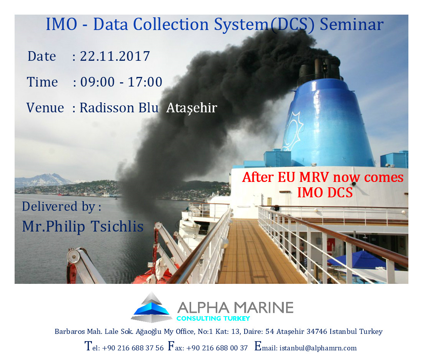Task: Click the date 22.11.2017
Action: (x=115, y=57)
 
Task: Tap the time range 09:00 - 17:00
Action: (x=122, y=82)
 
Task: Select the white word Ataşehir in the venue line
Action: (x=192, y=108)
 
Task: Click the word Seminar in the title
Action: (x=351, y=24)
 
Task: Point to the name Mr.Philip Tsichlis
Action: (x=83, y=227)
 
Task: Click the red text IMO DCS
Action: (x=325, y=192)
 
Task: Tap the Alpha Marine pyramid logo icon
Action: (x=152, y=307)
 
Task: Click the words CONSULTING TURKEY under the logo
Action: (x=213, y=318)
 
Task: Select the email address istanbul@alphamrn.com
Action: (x=318, y=348)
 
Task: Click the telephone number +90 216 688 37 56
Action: (x=133, y=348)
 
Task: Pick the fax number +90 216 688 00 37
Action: (x=217, y=348)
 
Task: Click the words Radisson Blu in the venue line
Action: (x=119, y=108)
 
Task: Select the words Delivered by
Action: (x=59, y=207)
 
